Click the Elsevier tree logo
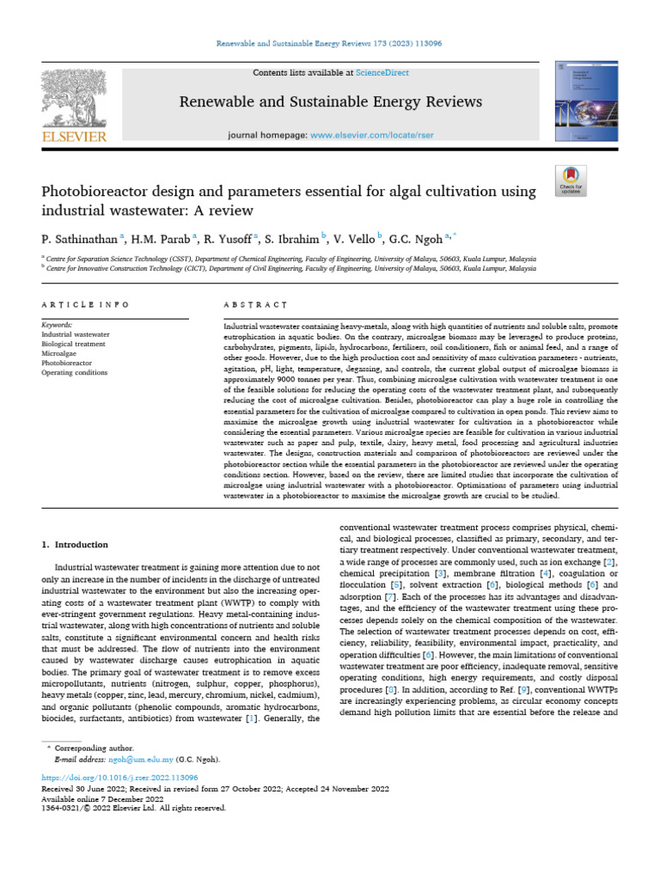pyautogui.click(x=75, y=97)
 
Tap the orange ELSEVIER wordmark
pyautogui.click(x=76, y=137)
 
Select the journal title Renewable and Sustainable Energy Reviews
pyautogui.click(x=330, y=103)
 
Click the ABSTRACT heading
pyautogui.click(x=255, y=304)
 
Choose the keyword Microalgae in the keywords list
pyautogui.click(x=59, y=353)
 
